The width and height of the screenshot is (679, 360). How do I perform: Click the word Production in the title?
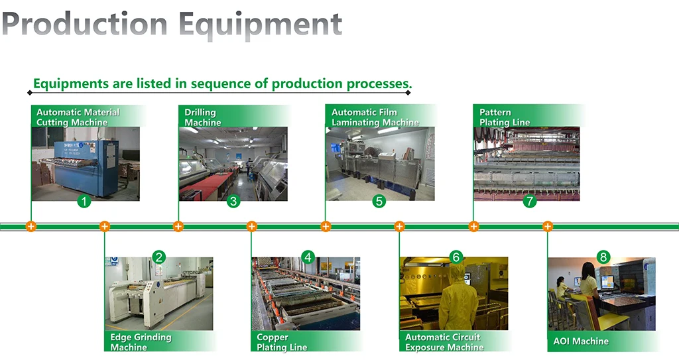click(84, 25)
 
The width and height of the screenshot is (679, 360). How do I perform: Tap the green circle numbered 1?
click(84, 202)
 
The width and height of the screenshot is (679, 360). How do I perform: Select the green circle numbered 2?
click(158, 257)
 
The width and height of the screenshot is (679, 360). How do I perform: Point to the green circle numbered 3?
click(233, 202)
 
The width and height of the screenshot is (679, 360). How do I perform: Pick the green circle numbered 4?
click(307, 257)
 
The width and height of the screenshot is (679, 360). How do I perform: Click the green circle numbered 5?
click(379, 202)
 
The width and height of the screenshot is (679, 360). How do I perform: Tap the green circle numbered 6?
click(455, 257)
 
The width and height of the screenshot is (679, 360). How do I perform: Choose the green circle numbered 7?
click(529, 202)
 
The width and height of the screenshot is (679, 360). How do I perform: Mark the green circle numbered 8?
click(602, 257)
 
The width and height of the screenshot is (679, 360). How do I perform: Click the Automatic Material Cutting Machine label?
click(78, 117)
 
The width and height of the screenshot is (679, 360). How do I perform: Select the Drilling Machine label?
click(202, 117)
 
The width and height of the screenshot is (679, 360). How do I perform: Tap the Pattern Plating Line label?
click(505, 117)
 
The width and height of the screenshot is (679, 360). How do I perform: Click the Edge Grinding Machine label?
click(141, 342)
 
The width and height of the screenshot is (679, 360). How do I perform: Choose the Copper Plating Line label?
click(282, 342)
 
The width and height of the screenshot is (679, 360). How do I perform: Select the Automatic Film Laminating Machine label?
click(375, 117)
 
